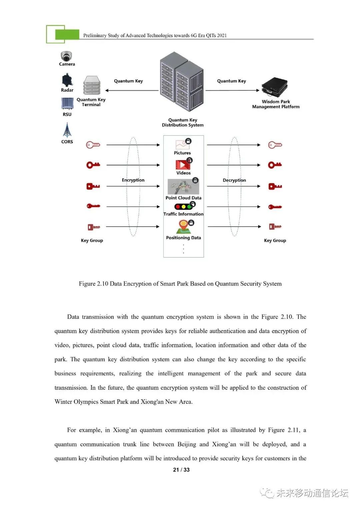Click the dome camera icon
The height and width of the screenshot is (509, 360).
(67, 56)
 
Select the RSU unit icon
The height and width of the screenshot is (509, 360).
(67, 103)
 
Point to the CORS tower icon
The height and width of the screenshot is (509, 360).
(67, 130)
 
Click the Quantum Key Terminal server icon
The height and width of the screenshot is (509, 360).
(92, 85)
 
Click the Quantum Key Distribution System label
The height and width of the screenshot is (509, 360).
(183, 122)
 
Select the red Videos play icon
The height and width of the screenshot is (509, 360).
(183, 165)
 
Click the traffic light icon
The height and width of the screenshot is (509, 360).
(183, 207)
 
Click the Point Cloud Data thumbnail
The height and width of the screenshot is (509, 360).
(183, 187)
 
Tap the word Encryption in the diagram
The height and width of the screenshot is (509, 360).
(133, 180)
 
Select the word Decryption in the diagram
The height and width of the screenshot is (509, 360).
(234, 180)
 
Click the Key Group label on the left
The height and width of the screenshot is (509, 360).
(92, 240)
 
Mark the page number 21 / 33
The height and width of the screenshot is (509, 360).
(181, 470)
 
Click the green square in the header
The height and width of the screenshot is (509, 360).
(67, 34)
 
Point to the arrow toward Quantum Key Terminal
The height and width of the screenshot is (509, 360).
(132, 90)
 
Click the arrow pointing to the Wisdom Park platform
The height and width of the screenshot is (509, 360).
(232, 90)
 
